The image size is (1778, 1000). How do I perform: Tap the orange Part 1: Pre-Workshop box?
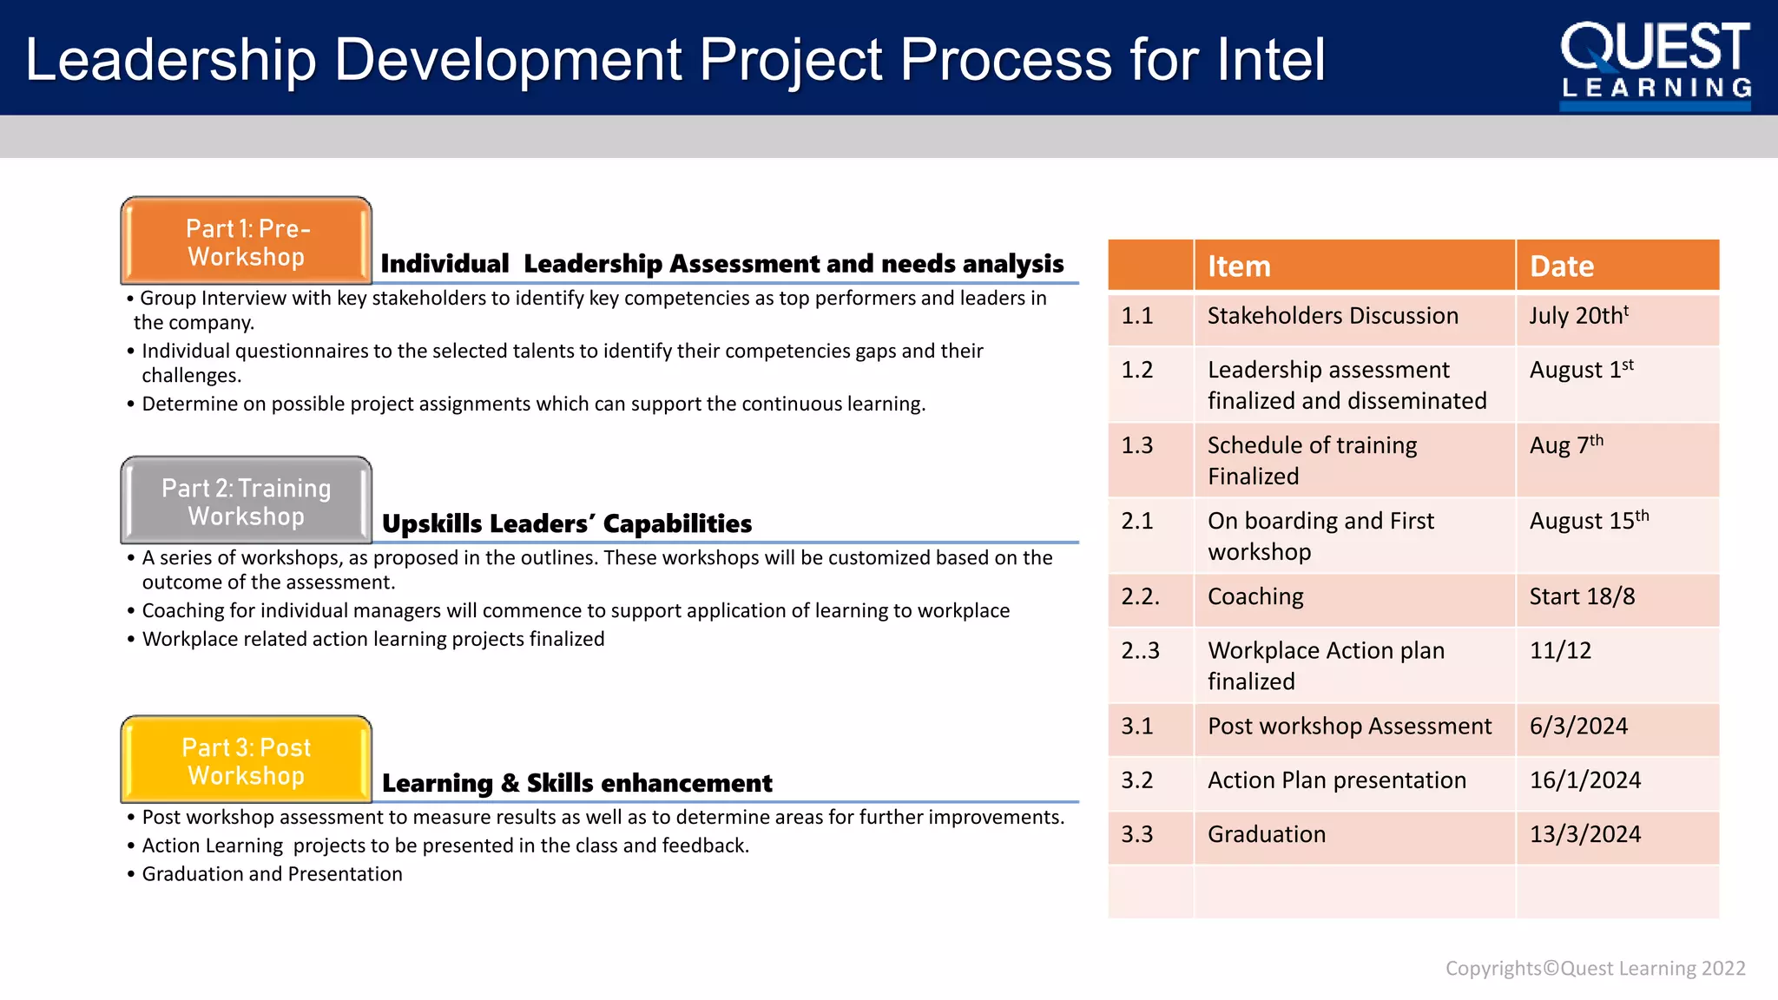tap(247, 241)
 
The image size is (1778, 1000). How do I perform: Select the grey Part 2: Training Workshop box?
tap(247, 501)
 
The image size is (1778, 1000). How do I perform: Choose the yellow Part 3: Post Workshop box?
tap(247, 760)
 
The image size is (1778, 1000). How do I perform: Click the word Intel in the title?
tap(1271, 60)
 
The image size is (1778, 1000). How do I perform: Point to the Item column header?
tap(1239, 266)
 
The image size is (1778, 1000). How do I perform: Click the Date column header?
tap(1561, 266)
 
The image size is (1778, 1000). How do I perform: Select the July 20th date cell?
tap(1578, 316)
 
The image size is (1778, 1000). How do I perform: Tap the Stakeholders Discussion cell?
tap(1333, 316)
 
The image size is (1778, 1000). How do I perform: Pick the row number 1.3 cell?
tap(1137, 446)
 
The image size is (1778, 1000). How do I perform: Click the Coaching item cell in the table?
tap(1255, 597)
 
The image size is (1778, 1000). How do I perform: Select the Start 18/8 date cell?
tap(1582, 597)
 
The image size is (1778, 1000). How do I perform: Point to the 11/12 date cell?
tap(1560, 651)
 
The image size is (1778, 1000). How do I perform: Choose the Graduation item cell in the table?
tap(1267, 835)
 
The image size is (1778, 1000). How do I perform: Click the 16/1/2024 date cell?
tap(1584, 780)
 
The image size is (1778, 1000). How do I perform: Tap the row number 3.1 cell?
tap(1137, 727)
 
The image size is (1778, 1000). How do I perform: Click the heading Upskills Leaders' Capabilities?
tap(567, 524)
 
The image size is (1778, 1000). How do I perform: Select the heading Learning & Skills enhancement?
tap(576, 784)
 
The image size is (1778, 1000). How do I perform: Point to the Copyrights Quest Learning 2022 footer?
tap(1595, 969)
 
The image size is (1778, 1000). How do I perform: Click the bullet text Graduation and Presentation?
tap(272, 874)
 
